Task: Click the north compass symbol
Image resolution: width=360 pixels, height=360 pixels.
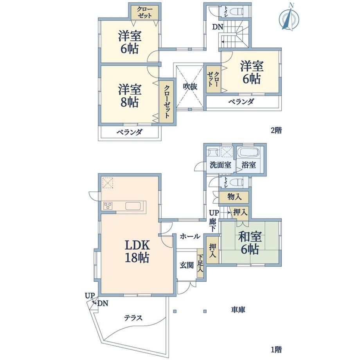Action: (289, 18)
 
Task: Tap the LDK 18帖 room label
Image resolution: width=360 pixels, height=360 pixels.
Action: (137, 251)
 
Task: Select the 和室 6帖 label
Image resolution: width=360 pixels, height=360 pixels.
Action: (250, 243)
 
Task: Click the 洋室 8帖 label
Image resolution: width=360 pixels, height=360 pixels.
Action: (130, 96)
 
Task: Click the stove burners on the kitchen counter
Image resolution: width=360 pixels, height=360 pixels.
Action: (108, 205)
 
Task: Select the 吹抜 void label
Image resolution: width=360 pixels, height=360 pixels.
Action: (190, 86)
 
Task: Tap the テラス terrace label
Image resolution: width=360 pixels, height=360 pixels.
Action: (133, 318)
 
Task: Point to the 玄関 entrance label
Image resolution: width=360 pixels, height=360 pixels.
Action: (187, 265)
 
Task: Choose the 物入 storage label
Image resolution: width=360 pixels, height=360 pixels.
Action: (234, 196)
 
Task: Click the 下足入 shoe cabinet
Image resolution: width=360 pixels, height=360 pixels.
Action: (200, 263)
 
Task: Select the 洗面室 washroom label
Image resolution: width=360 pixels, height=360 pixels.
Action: (220, 165)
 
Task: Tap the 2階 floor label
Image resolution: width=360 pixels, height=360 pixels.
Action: (276, 130)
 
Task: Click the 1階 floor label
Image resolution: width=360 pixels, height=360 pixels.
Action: (276, 350)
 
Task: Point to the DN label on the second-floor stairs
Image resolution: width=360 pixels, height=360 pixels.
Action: (218, 27)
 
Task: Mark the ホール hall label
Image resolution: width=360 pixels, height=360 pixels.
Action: (190, 236)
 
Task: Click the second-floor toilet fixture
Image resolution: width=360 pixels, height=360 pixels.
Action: (236, 11)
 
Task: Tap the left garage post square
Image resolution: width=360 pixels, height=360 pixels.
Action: (175, 311)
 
